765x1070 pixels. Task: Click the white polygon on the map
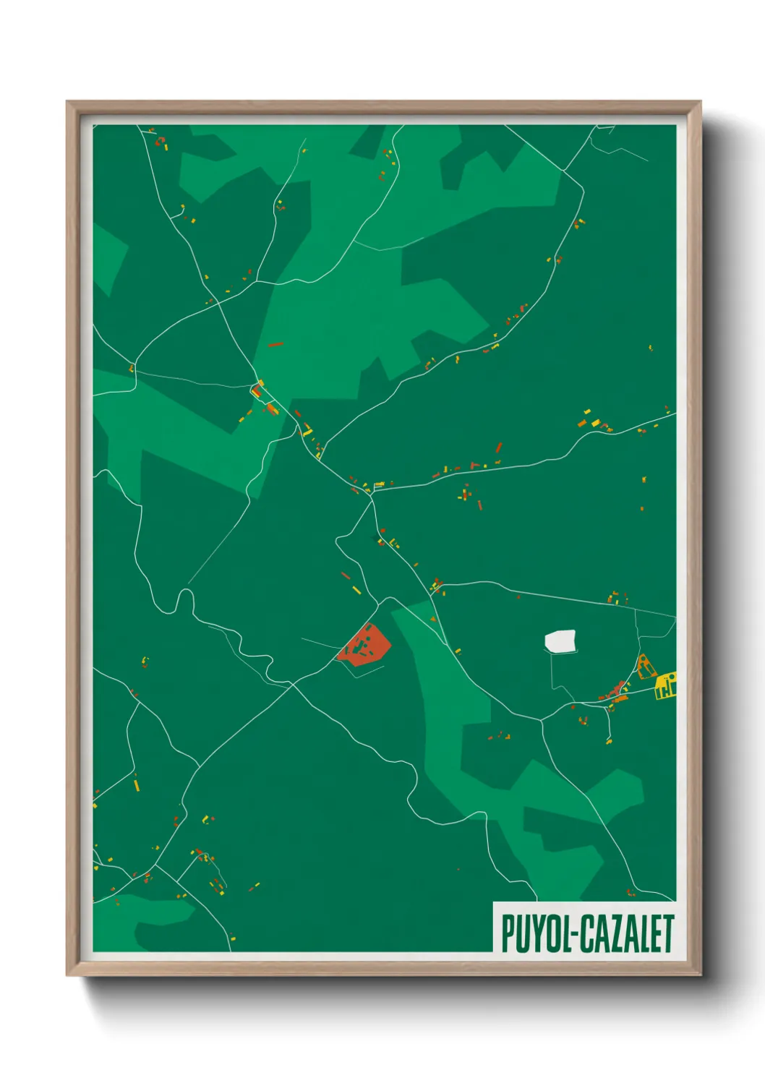(560, 641)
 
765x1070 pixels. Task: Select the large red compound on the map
(366, 645)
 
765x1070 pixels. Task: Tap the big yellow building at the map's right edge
(666, 685)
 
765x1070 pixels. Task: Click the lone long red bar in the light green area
(275, 345)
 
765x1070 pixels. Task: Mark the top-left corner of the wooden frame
(67, 102)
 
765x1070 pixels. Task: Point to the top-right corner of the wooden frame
(700, 102)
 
